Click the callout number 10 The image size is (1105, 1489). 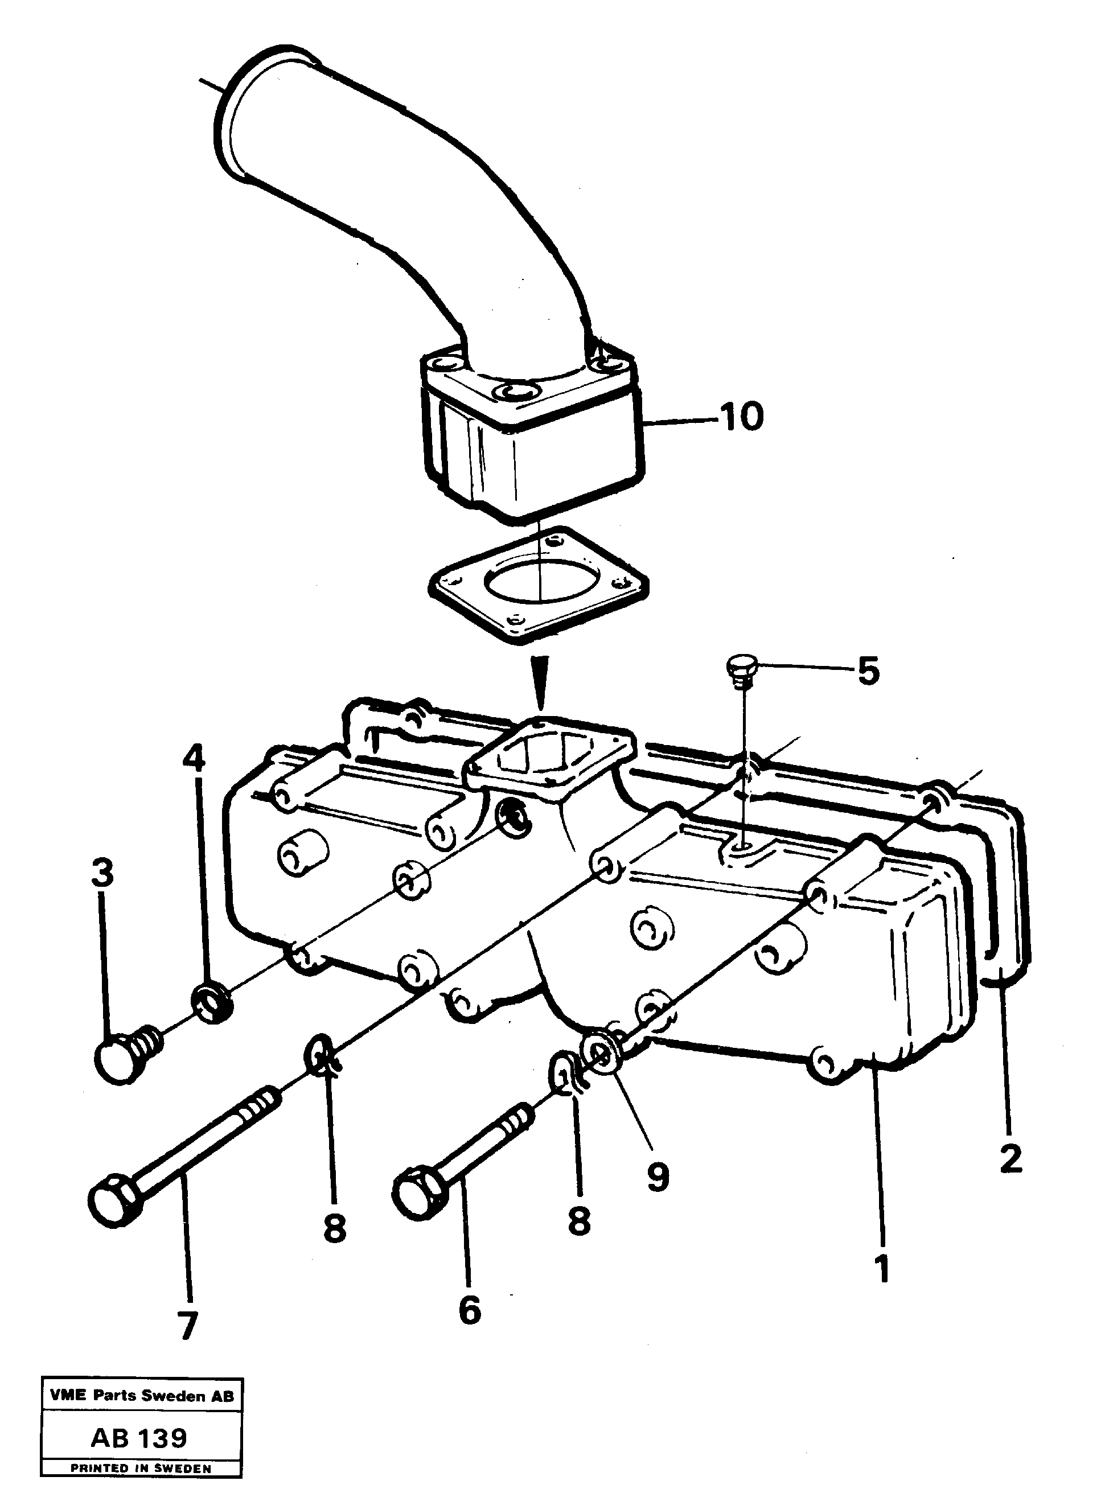point(741,417)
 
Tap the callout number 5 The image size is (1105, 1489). point(868,671)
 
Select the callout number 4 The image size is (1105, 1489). point(194,759)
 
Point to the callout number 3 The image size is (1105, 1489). point(102,873)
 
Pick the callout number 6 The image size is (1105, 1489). point(470,1310)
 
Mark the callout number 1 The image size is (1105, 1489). point(883,1268)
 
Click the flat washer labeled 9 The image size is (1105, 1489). point(599,1051)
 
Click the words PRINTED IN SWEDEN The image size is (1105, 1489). point(141,1469)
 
